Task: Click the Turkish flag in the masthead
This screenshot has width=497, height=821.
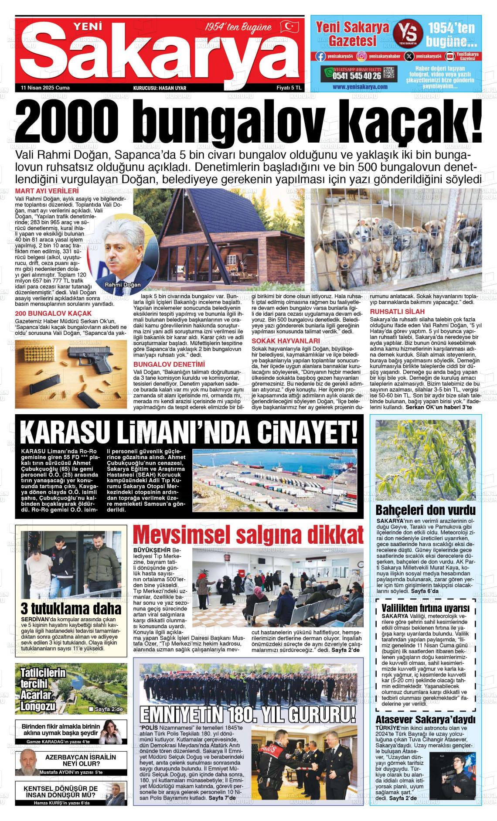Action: (289, 27)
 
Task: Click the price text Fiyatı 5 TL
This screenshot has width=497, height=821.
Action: (289, 88)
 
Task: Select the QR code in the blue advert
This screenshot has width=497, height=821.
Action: (390, 74)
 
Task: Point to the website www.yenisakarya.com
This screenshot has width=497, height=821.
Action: (360, 87)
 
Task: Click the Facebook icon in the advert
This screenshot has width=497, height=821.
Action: (320, 56)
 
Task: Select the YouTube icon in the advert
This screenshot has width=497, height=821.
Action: (449, 56)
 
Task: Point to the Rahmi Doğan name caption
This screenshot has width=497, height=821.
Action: (123, 285)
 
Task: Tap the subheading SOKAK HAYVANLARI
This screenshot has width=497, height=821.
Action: (286, 341)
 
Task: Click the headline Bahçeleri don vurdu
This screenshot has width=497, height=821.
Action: (425, 510)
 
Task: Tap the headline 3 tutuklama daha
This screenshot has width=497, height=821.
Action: (71, 608)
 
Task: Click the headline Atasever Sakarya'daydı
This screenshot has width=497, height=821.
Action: (425, 719)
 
